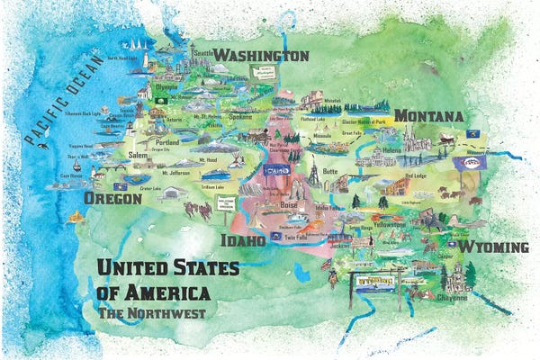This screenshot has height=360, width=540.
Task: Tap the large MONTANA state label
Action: pyautogui.click(x=428, y=117)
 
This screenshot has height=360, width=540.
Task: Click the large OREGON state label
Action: pyautogui.click(x=112, y=198)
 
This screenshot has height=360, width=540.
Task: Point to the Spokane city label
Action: pyautogui.click(x=240, y=117)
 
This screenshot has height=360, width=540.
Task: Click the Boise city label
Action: pyautogui.click(x=288, y=205)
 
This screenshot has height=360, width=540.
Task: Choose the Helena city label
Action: pyautogui.click(x=391, y=150)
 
